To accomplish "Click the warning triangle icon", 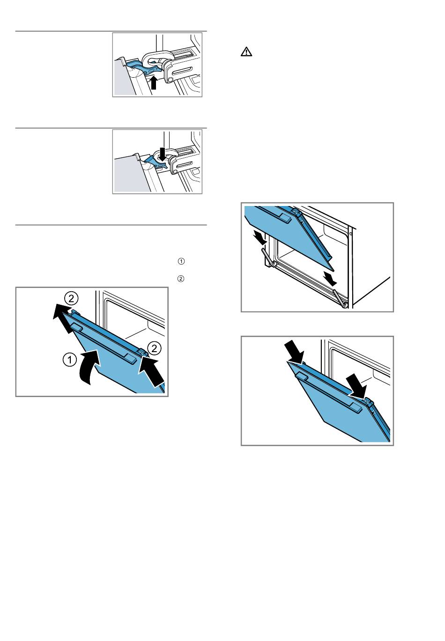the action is pyautogui.click(x=246, y=52).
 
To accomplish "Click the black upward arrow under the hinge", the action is pyautogui.click(x=154, y=82).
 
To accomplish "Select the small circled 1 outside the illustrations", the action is pyautogui.click(x=181, y=261).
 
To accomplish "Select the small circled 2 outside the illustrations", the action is pyautogui.click(x=181, y=279).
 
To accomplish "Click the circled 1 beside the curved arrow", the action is pyautogui.click(x=70, y=359).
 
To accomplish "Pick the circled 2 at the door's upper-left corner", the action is pyautogui.click(x=71, y=298).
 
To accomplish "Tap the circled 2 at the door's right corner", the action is pyautogui.click(x=154, y=348).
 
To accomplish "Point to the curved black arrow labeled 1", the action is pyautogui.click(x=90, y=367).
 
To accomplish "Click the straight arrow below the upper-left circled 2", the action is pyautogui.click(x=65, y=319).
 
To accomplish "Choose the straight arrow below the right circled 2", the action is pyautogui.click(x=151, y=370).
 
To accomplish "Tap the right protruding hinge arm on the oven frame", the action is pyautogui.click(x=341, y=298).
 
